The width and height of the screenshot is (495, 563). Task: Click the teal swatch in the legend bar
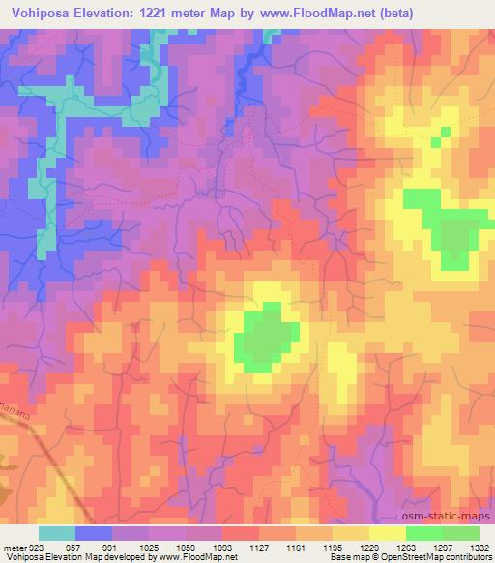(x=56, y=533)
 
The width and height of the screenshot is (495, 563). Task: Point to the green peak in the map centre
(x=264, y=339)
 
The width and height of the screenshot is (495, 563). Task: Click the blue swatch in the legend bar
(x=93, y=533)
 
